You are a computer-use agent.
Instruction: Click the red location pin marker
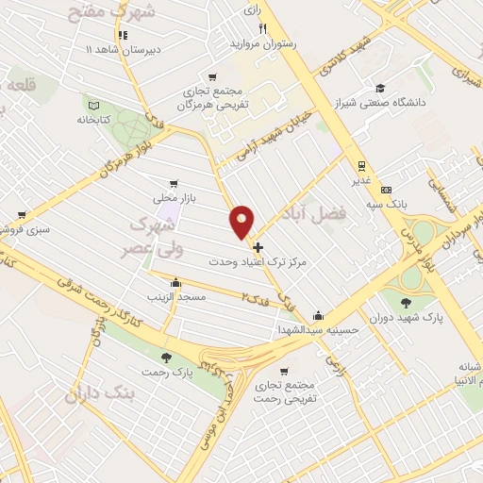tap(242, 222)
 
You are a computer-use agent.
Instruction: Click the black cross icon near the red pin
tap(258, 247)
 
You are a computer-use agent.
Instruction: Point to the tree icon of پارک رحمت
tap(166, 357)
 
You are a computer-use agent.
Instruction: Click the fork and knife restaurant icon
tap(263, 28)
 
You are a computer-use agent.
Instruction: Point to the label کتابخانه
tap(92, 121)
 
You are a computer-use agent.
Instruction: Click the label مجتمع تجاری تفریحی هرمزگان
tap(214, 97)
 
